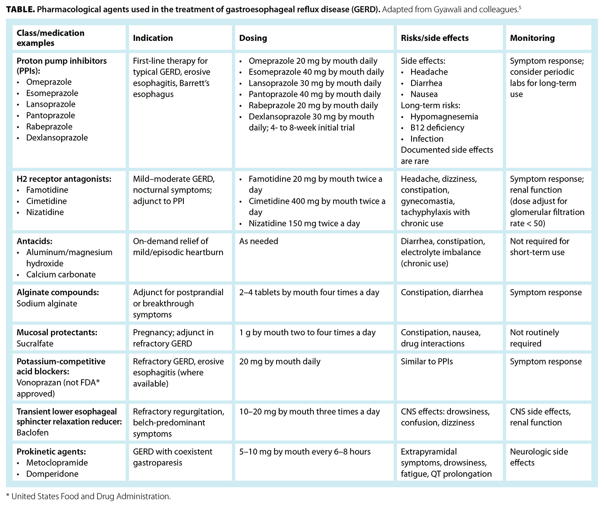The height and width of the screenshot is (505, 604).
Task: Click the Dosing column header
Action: click(x=253, y=38)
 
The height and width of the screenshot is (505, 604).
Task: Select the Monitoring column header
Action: click(x=532, y=38)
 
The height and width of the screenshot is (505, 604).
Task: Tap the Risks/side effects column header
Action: click(x=434, y=38)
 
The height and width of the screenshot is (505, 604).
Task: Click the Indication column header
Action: click(x=153, y=38)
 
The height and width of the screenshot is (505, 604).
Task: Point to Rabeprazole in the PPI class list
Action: click(x=49, y=127)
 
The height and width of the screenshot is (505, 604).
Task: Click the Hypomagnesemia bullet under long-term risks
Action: click(x=444, y=116)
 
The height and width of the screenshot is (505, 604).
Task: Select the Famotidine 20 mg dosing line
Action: click(x=315, y=179)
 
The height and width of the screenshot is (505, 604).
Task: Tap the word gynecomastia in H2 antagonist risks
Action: click(x=427, y=201)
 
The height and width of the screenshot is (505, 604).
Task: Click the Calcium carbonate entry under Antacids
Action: click(x=61, y=274)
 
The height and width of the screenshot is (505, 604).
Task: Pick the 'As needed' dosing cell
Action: click(x=259, y=241)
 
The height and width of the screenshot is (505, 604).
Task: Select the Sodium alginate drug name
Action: click(x=47, y=303)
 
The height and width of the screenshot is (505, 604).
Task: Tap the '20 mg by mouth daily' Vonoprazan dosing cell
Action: click(x=280, y=362)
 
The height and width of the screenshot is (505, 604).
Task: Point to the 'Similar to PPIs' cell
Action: click(x=427, y=362)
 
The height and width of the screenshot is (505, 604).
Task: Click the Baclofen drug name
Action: click(x=32, y=432)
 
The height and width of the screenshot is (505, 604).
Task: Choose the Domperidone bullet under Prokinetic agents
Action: click(x=52, y=474)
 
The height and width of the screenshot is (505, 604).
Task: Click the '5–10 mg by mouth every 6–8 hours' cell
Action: click(x=305, y=452)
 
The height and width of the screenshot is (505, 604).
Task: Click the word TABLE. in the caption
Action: click(x=20, y=9)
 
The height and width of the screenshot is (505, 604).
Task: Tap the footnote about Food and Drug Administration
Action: click(x=89, y=496)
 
